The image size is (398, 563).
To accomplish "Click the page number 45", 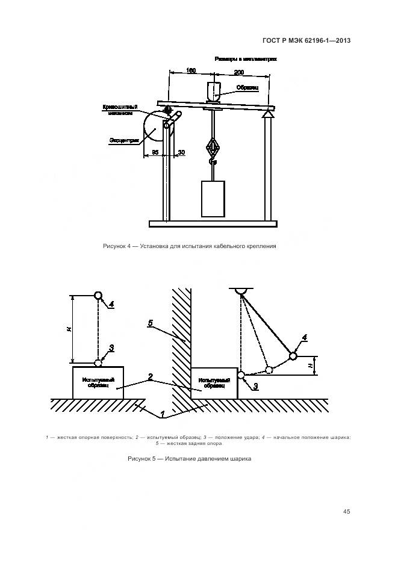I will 346,512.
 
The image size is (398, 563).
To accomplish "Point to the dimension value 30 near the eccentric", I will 181,152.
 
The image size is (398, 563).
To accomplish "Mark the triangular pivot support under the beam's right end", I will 267,112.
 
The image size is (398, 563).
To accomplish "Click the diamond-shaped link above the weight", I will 213,147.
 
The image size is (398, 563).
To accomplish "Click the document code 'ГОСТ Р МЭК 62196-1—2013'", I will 306,41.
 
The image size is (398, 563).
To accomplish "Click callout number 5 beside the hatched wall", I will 151,324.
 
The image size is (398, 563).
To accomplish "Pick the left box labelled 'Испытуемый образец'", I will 98,382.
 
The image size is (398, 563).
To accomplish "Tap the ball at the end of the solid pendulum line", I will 293,356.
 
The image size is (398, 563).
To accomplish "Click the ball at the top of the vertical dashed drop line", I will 98,296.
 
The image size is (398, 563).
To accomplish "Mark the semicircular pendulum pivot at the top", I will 241,292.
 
